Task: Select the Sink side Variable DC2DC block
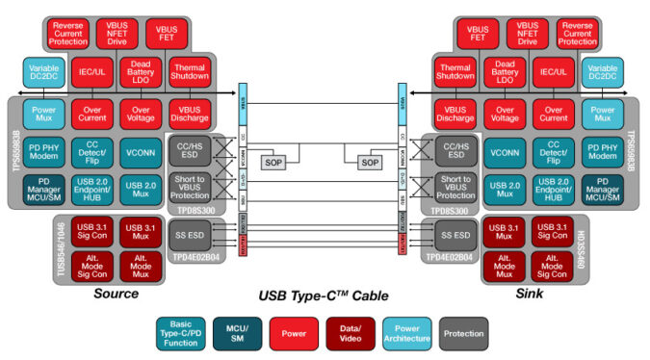pos(602,74)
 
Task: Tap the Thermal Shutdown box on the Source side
pos(190,74)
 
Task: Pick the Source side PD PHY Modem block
pos(45,152)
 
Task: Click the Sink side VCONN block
pos(501,152)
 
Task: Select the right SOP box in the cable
pos(371,163)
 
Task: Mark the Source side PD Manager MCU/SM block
pos(45,188)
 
